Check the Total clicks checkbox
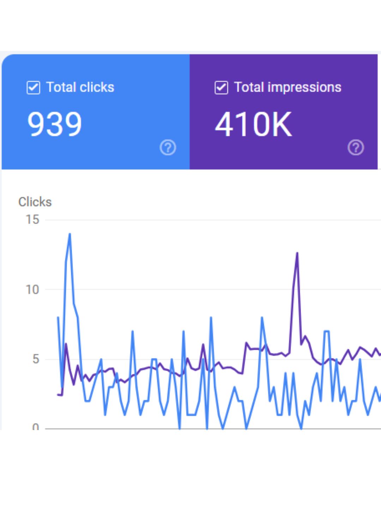(33, 87)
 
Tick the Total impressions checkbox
(221, 87)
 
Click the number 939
(55, 124)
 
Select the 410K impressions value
(253, 124)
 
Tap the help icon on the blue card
(168, 147)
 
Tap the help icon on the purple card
(356, 147)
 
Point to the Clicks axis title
(35, 202)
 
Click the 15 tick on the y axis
(32, 219)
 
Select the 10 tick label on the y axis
(32, 290)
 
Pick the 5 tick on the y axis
(35, 359)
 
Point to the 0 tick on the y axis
(35, 427)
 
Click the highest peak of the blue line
(70, 234)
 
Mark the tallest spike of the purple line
(297, 253)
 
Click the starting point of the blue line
(58, 317)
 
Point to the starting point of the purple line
(58, 394)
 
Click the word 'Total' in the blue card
(61, 87)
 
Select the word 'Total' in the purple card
(249, 87)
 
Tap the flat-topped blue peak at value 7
(327, 331)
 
